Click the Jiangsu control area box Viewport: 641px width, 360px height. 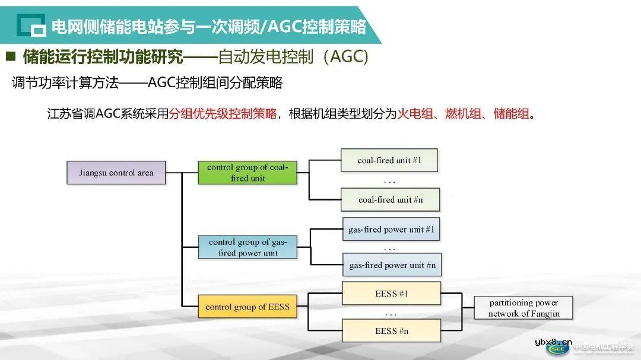point(116,173)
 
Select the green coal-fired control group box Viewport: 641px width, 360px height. point(247,172)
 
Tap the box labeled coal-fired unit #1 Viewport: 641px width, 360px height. point(389,160)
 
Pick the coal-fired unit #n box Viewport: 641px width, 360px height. point(390,200)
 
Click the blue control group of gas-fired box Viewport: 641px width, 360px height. point(247,247)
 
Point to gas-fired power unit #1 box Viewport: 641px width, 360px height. point(391,229)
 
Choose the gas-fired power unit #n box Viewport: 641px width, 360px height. point(392,265)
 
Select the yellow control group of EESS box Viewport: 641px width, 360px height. point(247,307)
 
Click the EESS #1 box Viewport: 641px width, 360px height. point(391,294)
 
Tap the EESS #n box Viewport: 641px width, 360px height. point(391,331)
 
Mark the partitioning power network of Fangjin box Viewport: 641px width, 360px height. point(523,308)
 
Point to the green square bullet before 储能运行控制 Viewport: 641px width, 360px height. point(11,57)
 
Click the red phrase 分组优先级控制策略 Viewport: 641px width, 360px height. point(223,114)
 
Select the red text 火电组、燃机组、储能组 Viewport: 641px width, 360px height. point(463,114)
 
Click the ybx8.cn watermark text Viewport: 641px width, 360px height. point(553,342)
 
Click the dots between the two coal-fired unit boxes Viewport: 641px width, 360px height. point(389,180)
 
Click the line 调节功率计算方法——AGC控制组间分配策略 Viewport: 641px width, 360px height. point(147,83)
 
